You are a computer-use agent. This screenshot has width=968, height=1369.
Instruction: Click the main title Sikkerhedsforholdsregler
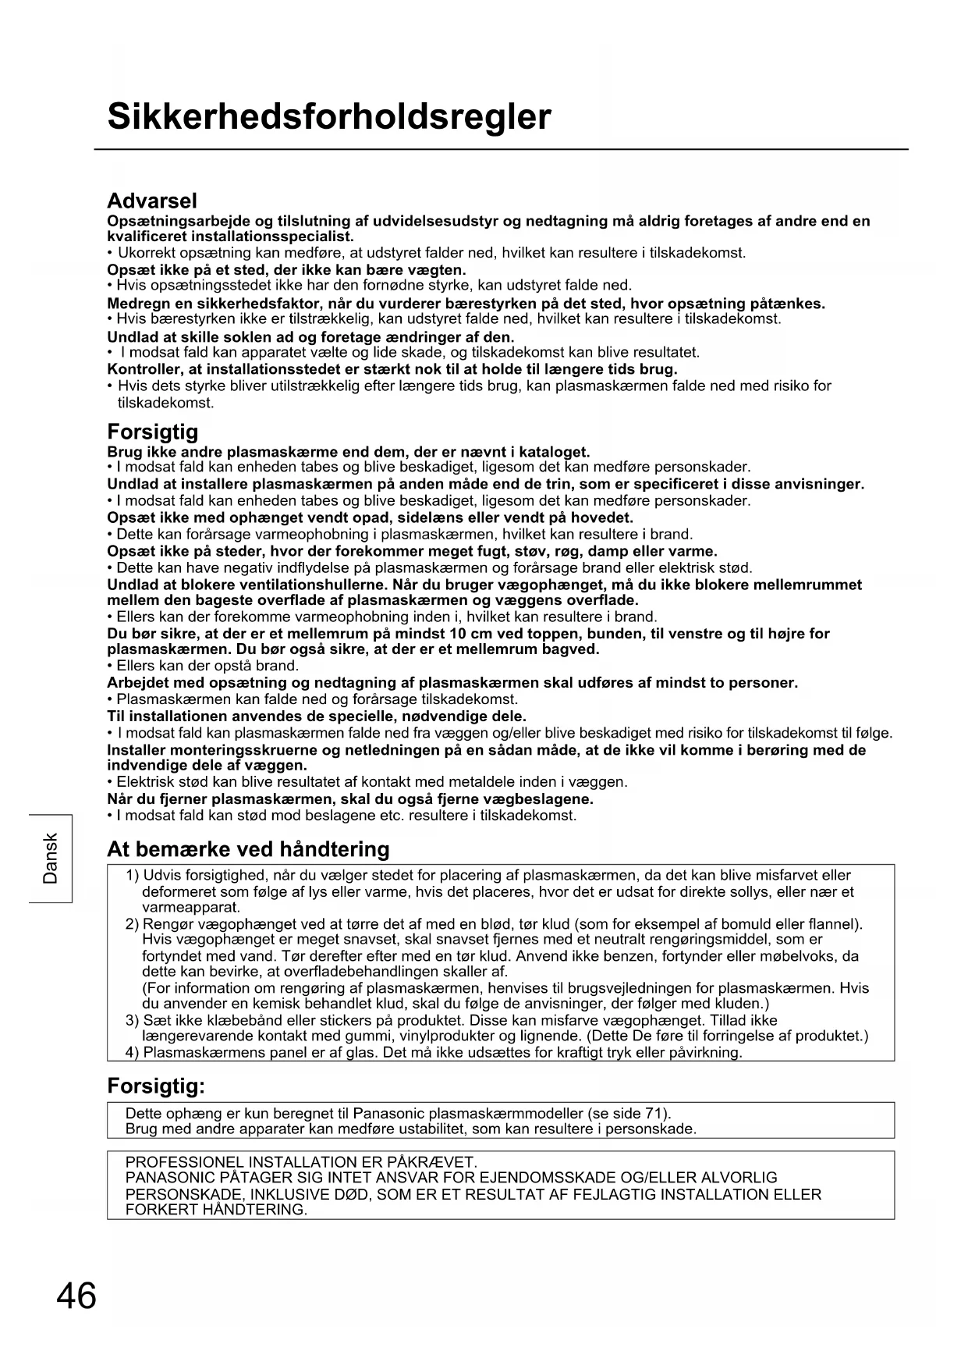point(328,117)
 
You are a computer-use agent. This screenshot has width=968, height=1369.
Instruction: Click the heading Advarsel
point(152,201)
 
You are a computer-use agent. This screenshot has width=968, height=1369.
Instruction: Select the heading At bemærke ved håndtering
point(248,849)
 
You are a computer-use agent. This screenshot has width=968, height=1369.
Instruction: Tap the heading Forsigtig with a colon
point(156,1086)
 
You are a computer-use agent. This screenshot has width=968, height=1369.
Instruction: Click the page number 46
point(76,1296)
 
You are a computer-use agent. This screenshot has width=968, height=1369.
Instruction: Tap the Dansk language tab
point(51,859)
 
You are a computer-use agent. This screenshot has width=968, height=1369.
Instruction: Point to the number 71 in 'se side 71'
point(654,1114)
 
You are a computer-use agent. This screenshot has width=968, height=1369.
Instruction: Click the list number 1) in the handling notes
point(133,876)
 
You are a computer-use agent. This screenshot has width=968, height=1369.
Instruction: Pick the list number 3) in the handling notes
point(133,1021)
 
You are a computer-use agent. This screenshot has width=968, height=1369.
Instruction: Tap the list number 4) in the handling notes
point(133,1053)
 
